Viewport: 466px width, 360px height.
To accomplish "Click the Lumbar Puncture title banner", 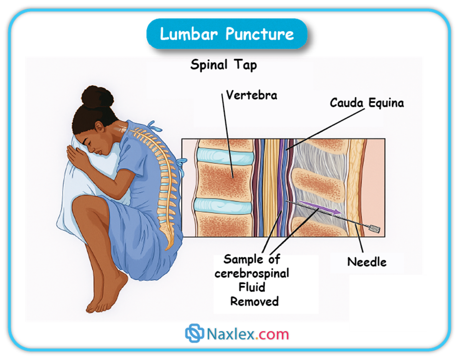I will (227, 34).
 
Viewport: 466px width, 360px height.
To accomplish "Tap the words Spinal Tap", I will (223, 64).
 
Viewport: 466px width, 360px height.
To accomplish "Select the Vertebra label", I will (251, 95).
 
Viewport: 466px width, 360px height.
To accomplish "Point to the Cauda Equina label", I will (367, 103).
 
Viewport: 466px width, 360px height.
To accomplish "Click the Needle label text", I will (367, 262).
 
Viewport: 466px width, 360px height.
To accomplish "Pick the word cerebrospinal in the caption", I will (252, 274).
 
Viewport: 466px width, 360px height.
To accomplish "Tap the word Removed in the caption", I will (254, 301).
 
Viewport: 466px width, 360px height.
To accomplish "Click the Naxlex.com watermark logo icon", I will (195, 333).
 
